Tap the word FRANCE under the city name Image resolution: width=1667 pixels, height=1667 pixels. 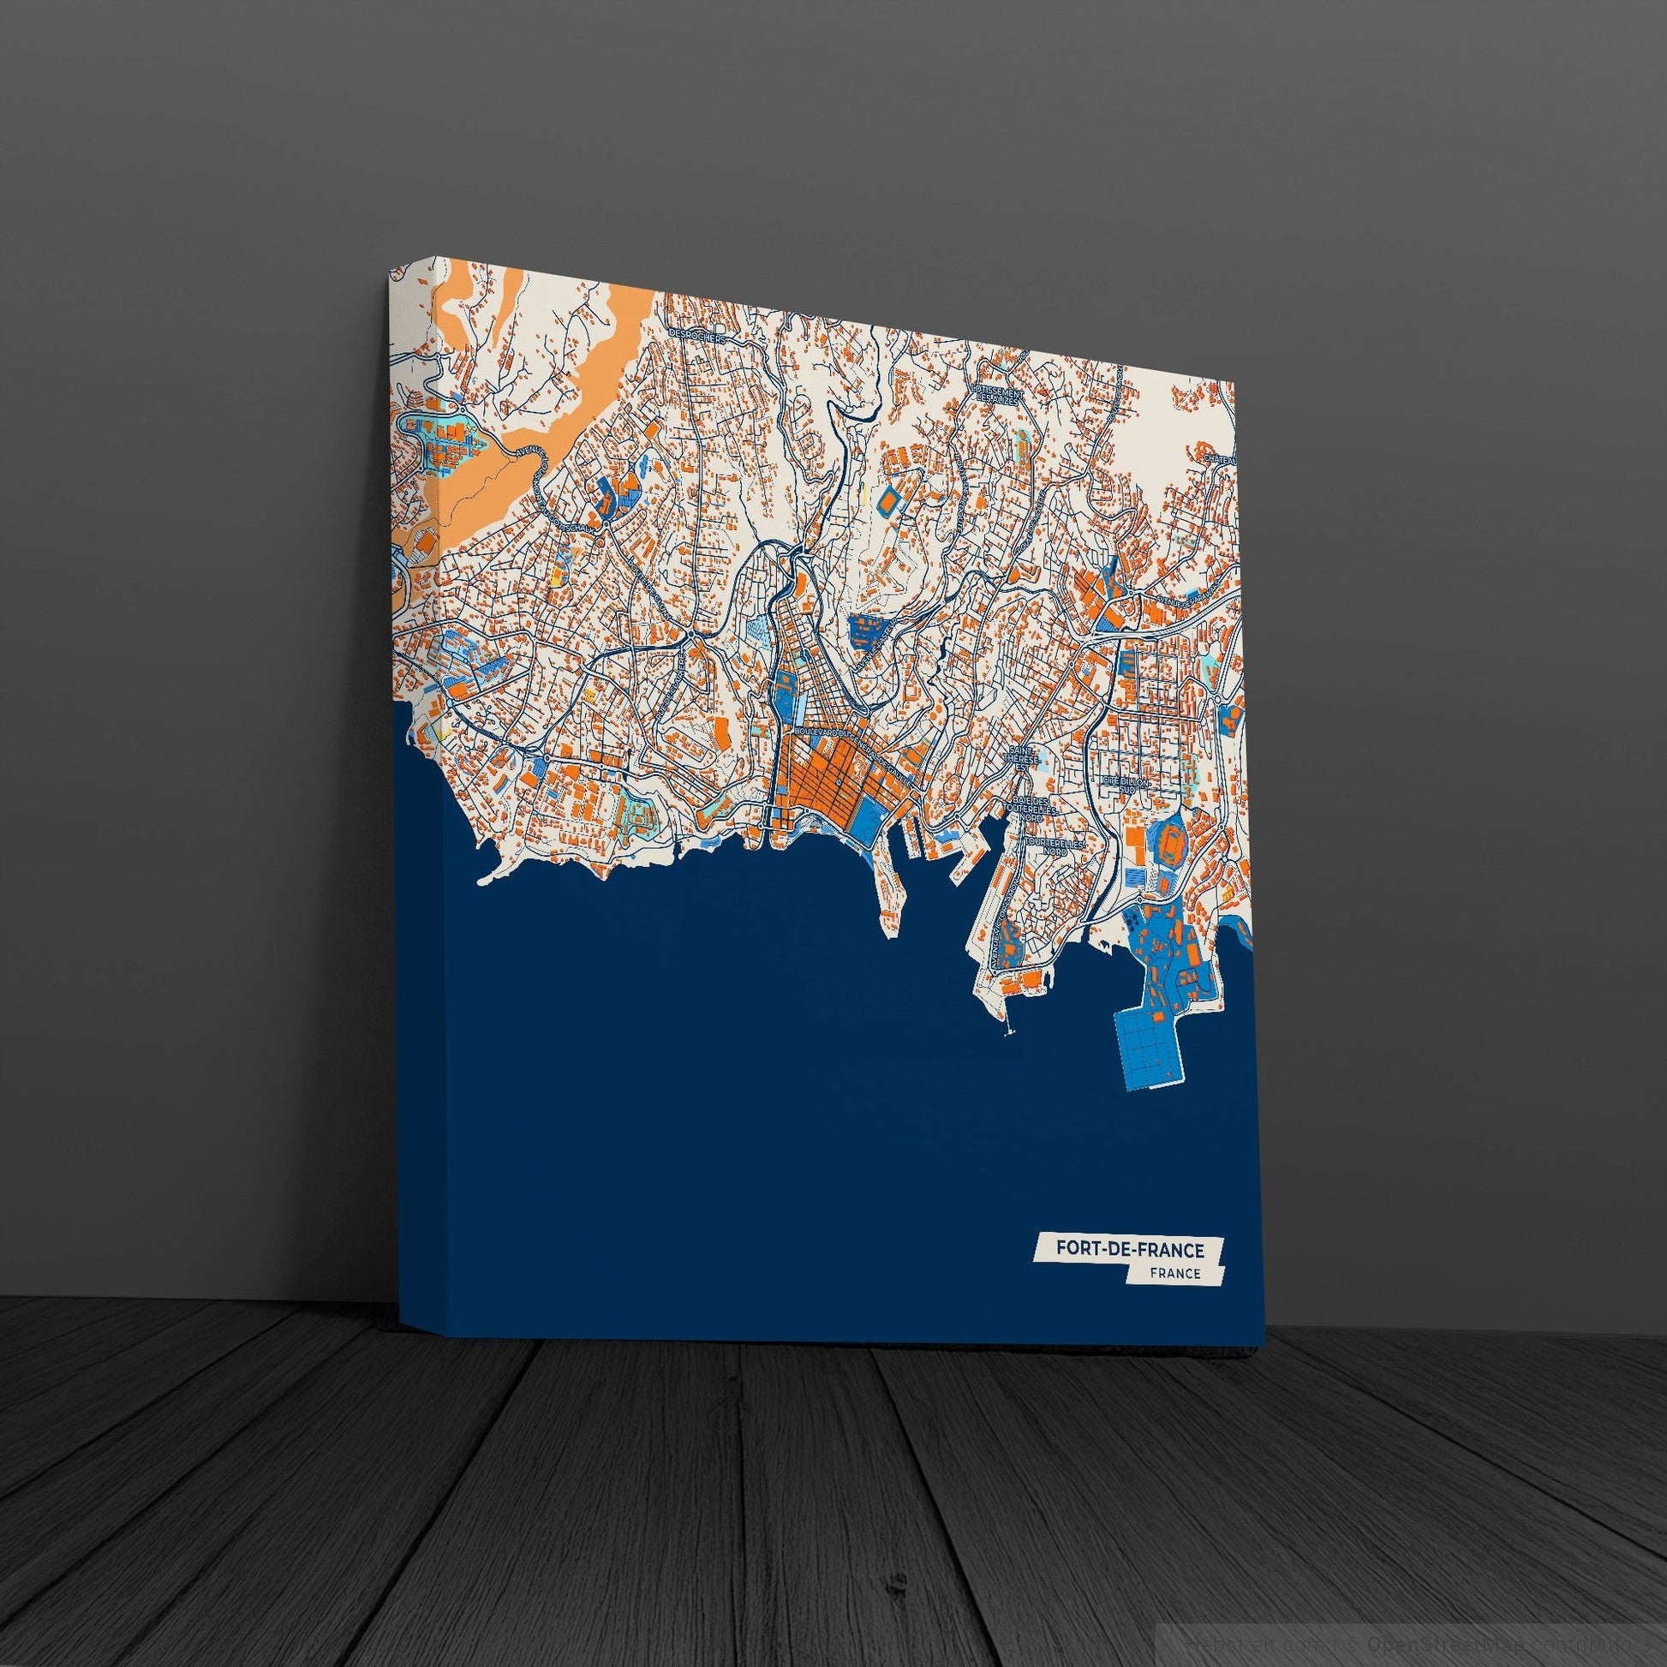point(1175,1274)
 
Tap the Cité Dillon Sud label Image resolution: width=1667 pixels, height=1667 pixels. point(1125,783)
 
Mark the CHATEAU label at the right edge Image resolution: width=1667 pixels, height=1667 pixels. point(1220,460)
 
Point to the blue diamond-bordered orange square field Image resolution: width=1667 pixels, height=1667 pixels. point(887,499)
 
